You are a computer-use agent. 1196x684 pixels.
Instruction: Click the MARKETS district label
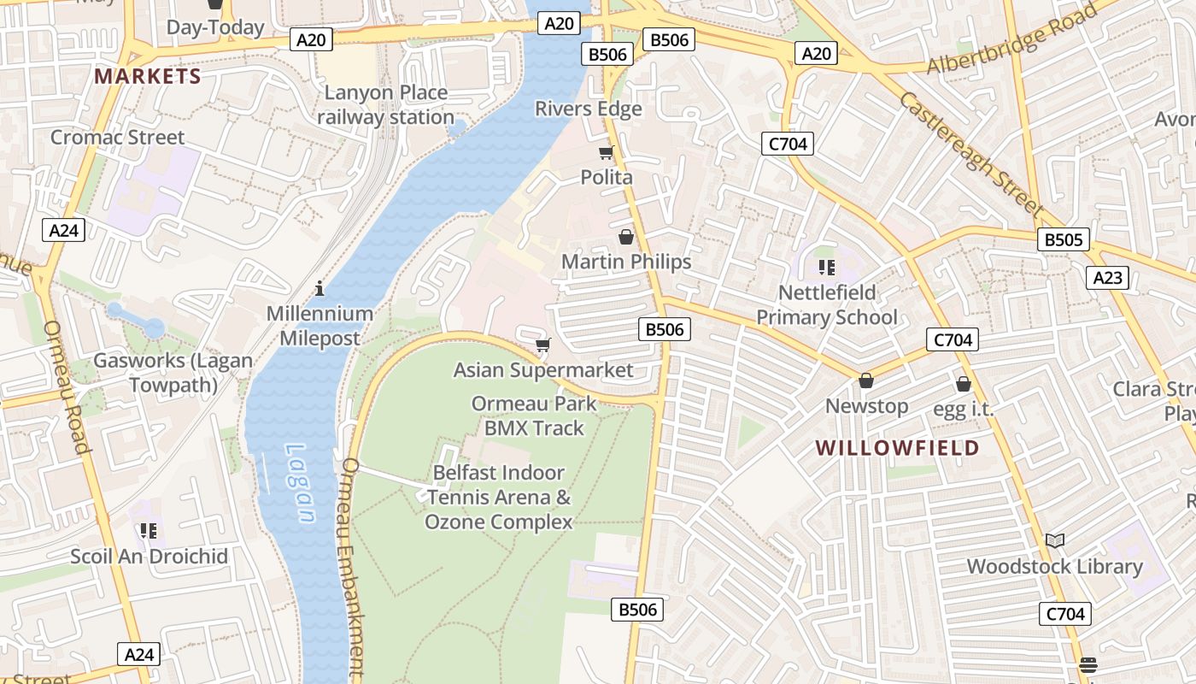pyautogui.click(x=148, y=76)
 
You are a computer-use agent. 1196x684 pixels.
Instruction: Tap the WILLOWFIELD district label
pyautogui.click(x=897, y=447)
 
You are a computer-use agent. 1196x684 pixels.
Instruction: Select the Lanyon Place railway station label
pyautogui.click(x=386, y=105)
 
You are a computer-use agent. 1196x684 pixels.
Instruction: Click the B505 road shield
pyautogui.click(x=1064, y=239)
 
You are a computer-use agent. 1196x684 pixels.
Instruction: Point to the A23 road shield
pyautogui.click(x=1107, y=277)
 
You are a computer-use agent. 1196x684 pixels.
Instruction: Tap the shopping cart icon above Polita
pyautogui.click(x=607, y=152)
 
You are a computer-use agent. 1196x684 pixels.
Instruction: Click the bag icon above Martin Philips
pyautogui.click(x=625, y=237)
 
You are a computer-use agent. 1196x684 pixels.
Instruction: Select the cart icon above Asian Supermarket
pyautogui.click(x=542, y=345)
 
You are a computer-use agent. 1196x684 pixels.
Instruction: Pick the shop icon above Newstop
pyautogui.click(x=866, y=380)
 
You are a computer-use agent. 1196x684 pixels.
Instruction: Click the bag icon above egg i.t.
pyautogui.click(x=964, y=385)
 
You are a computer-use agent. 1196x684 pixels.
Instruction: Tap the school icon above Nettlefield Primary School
pyautogui.click(x=826, y=268)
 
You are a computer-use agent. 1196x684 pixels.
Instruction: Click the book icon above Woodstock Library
pyautogui.click(x=1055, y=540)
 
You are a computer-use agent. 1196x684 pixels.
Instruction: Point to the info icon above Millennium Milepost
pyautogui.click(x=320, y=288)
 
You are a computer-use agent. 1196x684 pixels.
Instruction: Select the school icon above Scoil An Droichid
pyautogui.click(x=149, y=531)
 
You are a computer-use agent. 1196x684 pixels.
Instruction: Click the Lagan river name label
pyautogui.click(x=300, y=483)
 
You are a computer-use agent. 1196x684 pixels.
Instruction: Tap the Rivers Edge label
pyautogui.click(x=589, y=109)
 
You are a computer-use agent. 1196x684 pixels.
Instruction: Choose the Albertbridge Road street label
pyautogui.click(x=1012, y=39)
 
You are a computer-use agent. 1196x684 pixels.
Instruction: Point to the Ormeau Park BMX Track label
pyautogui.click(x=534, y=416)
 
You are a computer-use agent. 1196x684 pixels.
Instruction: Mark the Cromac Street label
pyautogui.click(x=117, y=137)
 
